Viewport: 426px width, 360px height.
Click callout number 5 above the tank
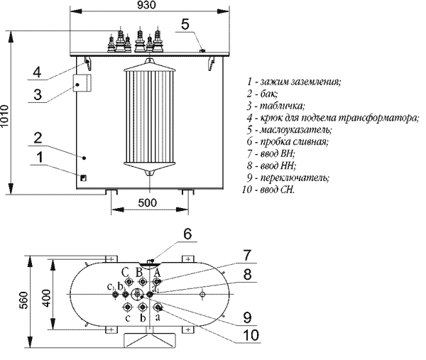(185, 23)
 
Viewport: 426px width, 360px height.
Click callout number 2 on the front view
(38, 136)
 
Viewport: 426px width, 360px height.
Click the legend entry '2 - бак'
(262, 94)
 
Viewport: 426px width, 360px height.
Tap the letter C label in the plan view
(125, 271)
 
